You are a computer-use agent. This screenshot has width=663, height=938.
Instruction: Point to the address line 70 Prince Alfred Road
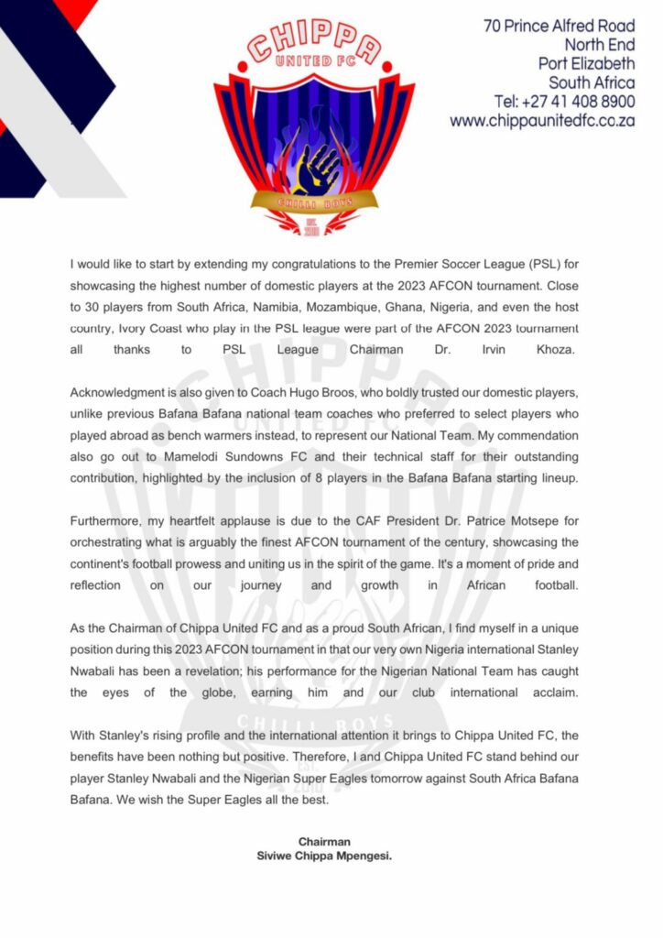click(560, 26)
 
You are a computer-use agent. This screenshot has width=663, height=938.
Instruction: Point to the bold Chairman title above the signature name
click(324, 841)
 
